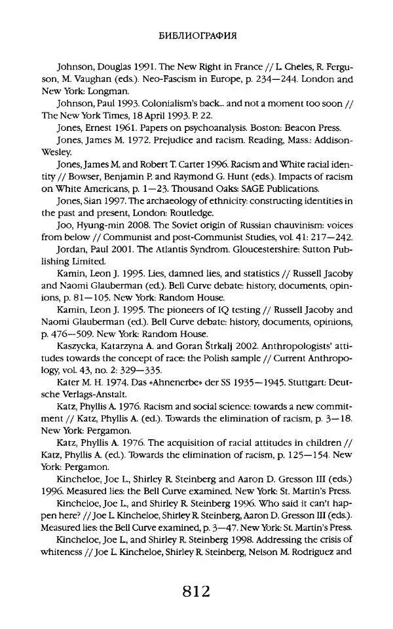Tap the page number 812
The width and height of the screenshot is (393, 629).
196,592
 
